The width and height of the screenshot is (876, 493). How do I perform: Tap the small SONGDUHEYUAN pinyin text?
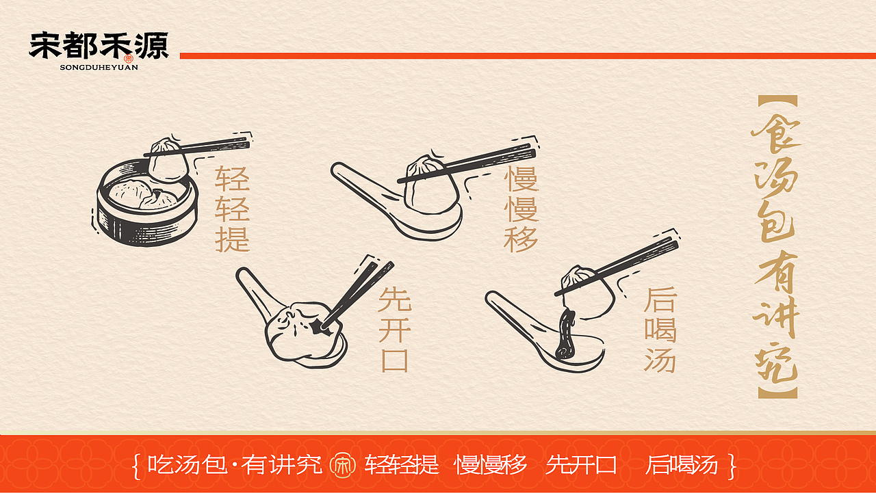pyautogui.click(x=99, y=68)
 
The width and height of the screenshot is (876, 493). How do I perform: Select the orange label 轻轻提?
pyautogui.click(x=232, y=208)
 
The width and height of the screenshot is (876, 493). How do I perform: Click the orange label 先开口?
pyautogui.click(x=395, y=329)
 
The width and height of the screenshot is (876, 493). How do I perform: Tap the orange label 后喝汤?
pyautogui.click(x=660, y=329)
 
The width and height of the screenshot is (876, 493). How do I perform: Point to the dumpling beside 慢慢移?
pyautogui.click(x=430, y=185)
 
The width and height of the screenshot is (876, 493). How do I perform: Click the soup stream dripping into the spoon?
pyautogui.click(x=565, y=334)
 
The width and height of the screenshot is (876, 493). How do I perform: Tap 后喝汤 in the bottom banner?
pyautogui.click(x=682, y=465)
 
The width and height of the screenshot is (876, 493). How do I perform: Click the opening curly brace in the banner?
pyautogui.click(x=137, y=465)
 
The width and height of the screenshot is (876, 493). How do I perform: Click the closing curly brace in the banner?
pyautogui.click(x=733, y=465)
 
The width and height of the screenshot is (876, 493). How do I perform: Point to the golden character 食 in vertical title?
pyautogui.click(x=776, y=134)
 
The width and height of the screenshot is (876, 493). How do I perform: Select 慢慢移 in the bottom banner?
pyautogui.click(x=491, y=465)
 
